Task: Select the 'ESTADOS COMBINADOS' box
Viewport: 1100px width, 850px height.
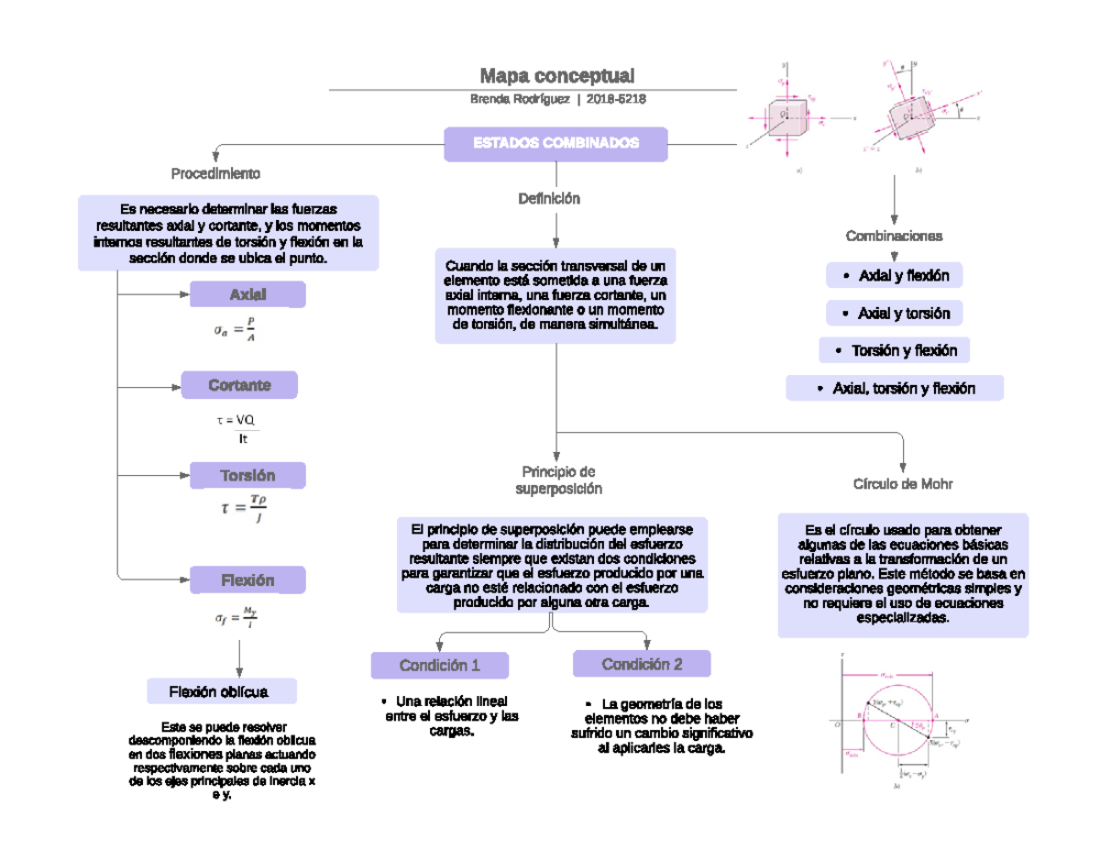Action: coord(555,144)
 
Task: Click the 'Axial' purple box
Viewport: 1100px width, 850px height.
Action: coord(247,294)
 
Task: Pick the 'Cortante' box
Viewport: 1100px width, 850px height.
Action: coord(239,385)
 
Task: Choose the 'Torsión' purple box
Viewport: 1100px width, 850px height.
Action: coord(247,475)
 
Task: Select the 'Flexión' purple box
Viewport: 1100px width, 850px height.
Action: coord(247,580)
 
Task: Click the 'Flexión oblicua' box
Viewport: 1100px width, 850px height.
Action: coord(222,691)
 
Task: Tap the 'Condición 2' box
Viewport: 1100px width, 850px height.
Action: coord(642,664)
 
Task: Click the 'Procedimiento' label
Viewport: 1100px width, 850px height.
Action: coord(215,173)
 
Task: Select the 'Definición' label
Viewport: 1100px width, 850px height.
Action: coord(549,198)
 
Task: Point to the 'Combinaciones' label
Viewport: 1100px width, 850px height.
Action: coord(894,236)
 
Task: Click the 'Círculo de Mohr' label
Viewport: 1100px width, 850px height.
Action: coord(903,483)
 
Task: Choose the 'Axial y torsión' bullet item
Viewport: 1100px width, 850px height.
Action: coord(895,314)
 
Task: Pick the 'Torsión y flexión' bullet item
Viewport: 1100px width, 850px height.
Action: coord(895,350)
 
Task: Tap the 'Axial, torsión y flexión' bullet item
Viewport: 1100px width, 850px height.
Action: coord(895,389)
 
